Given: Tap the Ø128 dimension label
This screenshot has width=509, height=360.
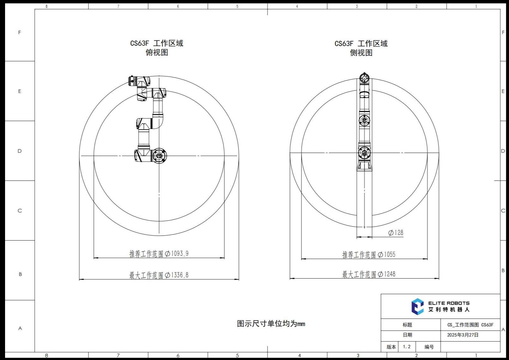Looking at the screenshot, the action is [x=396, y=233].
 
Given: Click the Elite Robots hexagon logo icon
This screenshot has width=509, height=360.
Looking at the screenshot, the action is [x=418, y=307].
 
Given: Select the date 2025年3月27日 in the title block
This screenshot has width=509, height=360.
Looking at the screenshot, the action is [x=463, y=335].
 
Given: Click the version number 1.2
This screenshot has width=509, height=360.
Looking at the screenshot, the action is [x=407, y=347].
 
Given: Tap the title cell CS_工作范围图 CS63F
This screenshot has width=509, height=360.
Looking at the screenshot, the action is [x=470, y=325].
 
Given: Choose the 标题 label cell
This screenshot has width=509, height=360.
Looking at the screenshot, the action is [x=408, y=325].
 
